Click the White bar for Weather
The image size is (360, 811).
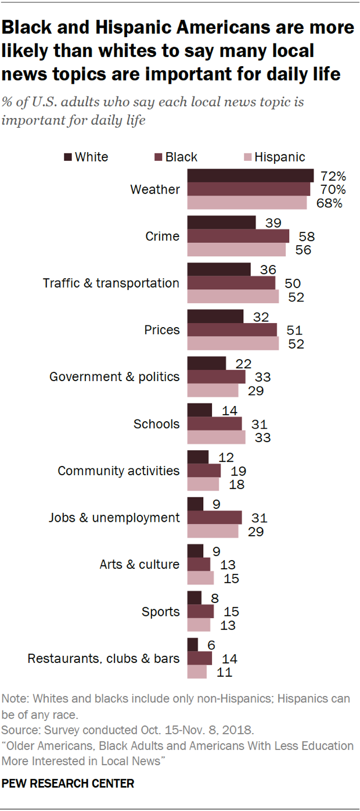click(x=250, y=175)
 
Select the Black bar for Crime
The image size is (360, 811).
click(x=238, y=236)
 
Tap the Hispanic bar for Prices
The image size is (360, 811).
click(x=233, y=343)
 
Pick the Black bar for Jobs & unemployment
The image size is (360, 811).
click(x=214, y=518)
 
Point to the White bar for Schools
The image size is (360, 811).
click(x=200, y=410)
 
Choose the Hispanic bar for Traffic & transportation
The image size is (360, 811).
click(x=233, y=296)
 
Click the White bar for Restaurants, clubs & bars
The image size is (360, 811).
click(x=193, y=644)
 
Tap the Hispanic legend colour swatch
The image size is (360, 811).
click(x=247, y=157)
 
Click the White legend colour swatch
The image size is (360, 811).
click(x=67, y=157)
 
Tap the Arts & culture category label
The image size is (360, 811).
click(x=138, y=564)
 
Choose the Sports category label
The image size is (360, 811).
click(x=161, y=611)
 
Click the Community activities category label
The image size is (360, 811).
click(x=118, y=471)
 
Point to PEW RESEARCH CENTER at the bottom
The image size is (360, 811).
click(x=68, y=784)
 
